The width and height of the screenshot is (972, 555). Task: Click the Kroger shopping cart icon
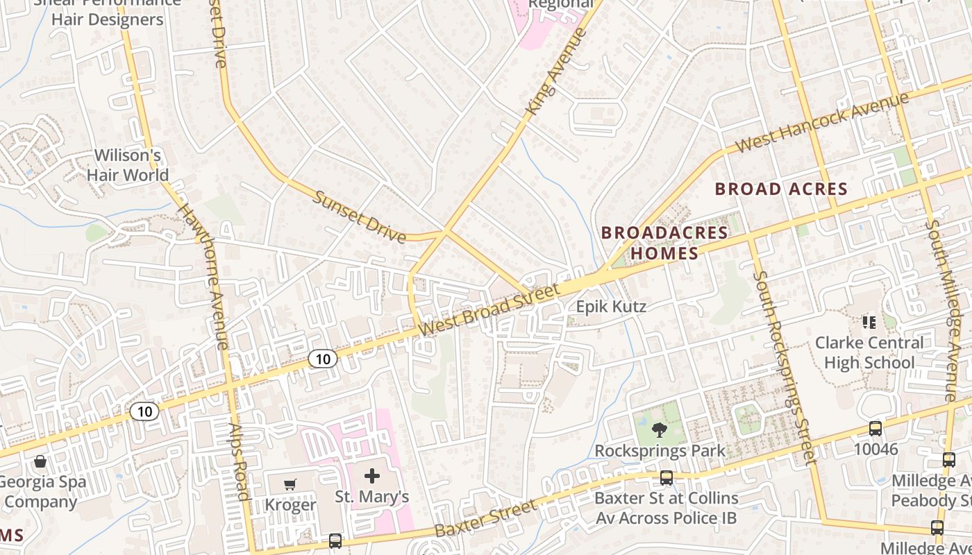(290, 484)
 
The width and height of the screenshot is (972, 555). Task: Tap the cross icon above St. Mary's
(372, 476)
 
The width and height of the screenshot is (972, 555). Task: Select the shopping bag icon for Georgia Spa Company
(40, 461)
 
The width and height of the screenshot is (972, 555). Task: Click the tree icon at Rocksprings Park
(659, 430)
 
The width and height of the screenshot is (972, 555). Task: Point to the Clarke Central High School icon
(868, 322)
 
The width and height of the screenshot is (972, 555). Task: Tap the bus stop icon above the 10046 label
(875, 429)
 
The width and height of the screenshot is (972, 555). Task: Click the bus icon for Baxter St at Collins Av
(667, 478)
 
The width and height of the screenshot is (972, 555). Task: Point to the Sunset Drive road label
(360, 216)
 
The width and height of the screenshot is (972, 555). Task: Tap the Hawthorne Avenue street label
(203, 276)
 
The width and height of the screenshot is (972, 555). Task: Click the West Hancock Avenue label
(822, 122)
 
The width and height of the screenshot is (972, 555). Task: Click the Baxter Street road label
(486, 518)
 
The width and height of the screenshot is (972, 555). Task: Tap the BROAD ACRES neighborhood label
(781, 189)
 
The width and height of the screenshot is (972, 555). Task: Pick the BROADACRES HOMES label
(664, 243)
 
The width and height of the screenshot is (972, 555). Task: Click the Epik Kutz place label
(611, 307)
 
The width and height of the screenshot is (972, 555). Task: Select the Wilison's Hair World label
(128, 165)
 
